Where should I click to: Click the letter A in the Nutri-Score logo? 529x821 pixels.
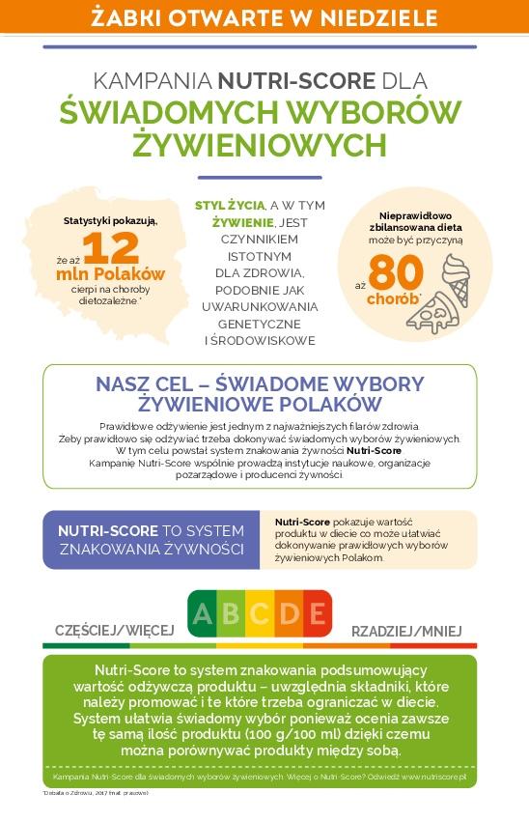(x=202, y=612)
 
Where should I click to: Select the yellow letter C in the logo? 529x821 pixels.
(x=260, y=612)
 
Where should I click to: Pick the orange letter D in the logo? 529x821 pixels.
(x=289, y=612)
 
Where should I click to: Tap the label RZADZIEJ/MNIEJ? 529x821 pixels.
(x=413, y=630)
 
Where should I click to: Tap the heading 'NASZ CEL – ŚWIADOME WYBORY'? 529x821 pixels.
(x=260, y=383)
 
